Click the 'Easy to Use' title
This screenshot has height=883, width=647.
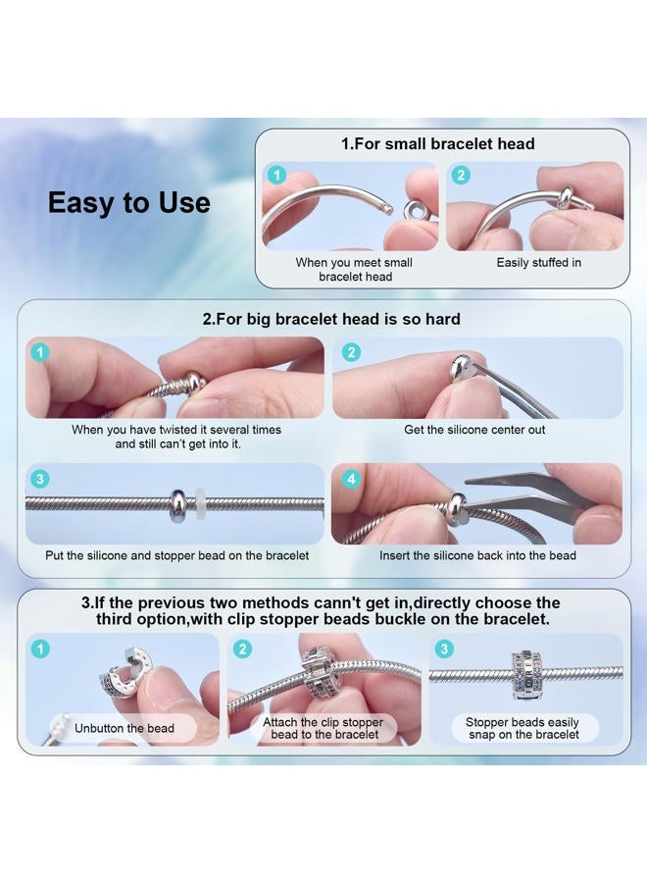[128, 203]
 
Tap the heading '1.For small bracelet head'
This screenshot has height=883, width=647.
[438, 143]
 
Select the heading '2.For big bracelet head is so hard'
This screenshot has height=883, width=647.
[331, 319]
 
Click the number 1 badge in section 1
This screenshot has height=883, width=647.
[276, 176]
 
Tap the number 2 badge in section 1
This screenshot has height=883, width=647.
[461, 176]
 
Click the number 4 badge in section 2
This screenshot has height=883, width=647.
[351, 479]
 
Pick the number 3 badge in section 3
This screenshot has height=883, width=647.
[444, 649]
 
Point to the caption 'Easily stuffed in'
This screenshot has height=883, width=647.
[538, 262]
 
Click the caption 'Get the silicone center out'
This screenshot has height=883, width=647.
[474, 430]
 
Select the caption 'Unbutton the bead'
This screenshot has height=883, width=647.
[124, 728]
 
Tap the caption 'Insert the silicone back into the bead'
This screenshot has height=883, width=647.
[477, 555]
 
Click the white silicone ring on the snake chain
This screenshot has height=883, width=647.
[199, 504]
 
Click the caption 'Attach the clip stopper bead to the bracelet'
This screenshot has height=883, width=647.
[323, 728]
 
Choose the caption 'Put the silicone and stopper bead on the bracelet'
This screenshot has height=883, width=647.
[176, 555]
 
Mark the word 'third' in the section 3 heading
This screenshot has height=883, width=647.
[116, 619]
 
